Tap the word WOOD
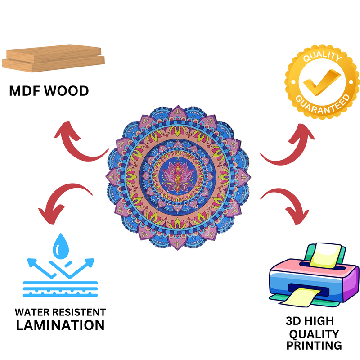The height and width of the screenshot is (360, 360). coord(68,91)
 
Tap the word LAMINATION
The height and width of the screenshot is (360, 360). coord(60,325)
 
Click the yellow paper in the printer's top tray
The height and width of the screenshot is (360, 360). coord(327,254)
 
